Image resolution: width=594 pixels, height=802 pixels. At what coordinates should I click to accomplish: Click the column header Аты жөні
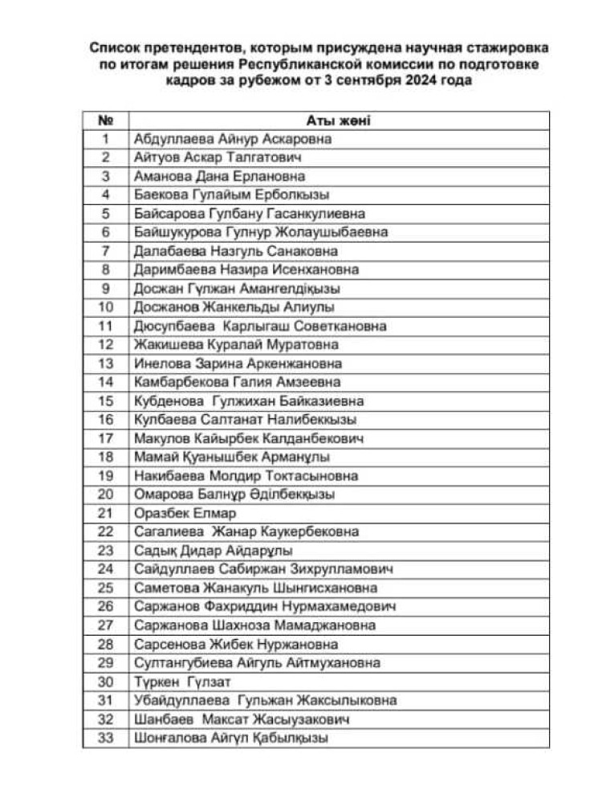[x=337, y=120]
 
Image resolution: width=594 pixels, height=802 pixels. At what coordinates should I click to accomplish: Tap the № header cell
[x=105, y=120]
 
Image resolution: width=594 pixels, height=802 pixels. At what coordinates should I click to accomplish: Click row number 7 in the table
[x=105, y=251]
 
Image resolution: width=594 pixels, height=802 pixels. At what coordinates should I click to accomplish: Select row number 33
[x=105, y=738]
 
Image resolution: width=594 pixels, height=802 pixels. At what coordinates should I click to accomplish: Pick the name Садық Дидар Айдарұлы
[x=214, y=551]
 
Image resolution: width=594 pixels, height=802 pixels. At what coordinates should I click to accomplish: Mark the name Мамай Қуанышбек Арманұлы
[x=232, y=457]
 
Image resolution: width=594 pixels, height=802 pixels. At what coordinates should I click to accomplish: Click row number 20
[x=105, y=495]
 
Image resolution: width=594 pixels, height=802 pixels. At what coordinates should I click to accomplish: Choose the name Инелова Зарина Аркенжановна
[x=238, y=364]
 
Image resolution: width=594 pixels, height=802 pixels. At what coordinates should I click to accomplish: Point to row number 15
[x=105, y=401]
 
